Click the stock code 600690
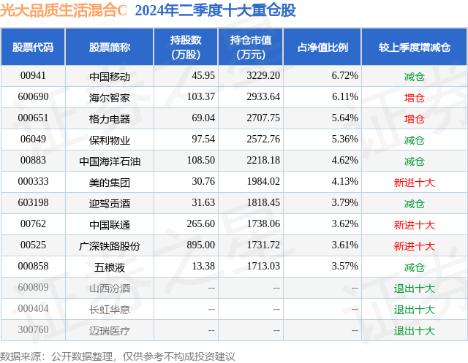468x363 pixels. [x=33, y=97]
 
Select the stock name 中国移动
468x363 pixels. [x=110, y=76]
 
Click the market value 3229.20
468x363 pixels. [x=265, y=76]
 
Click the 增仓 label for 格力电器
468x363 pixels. [x=415, y=118]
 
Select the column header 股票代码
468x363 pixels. [x=33, y=47]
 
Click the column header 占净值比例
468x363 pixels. [x=322, y=47]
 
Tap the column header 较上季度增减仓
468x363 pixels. [x=414, y=47]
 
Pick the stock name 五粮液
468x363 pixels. [x=110, y=267]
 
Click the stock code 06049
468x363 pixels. [x=33, y=140]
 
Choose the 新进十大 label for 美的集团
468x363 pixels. [x=415, y=182]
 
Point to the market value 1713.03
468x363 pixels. [x=265, y=267]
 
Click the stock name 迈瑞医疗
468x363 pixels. [x=110, y=331]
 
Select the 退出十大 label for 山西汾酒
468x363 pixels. [x=415, y=289]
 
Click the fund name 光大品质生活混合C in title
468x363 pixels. [x=64, y=11]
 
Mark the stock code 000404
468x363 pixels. [x=33, y=310]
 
